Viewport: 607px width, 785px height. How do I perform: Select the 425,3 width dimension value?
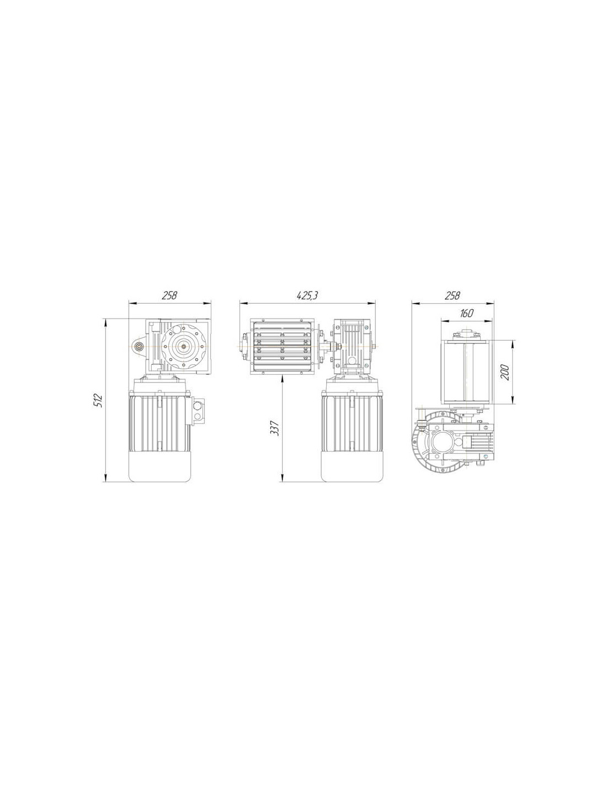tap(307, 295)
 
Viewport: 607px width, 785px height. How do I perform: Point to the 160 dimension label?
tap(466, 313)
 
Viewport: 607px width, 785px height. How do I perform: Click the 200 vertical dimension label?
tap(505, 373)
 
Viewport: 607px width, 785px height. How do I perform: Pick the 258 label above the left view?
tap(169, 295)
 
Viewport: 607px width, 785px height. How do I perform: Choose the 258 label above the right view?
tap(452, 295)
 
